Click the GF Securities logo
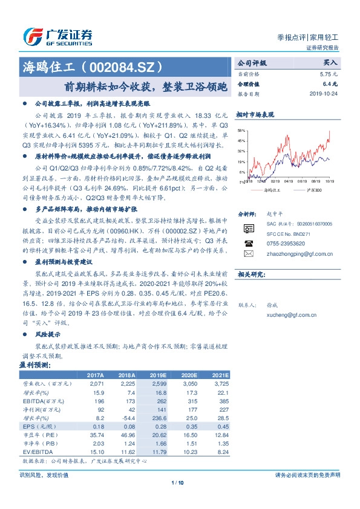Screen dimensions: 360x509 coord(57,37)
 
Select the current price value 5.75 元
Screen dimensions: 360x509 coord(329,74)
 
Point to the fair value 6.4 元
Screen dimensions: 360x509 coord(330,84)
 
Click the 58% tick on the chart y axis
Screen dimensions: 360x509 coord(241,131)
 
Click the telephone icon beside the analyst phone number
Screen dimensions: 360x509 coord(248,243)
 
